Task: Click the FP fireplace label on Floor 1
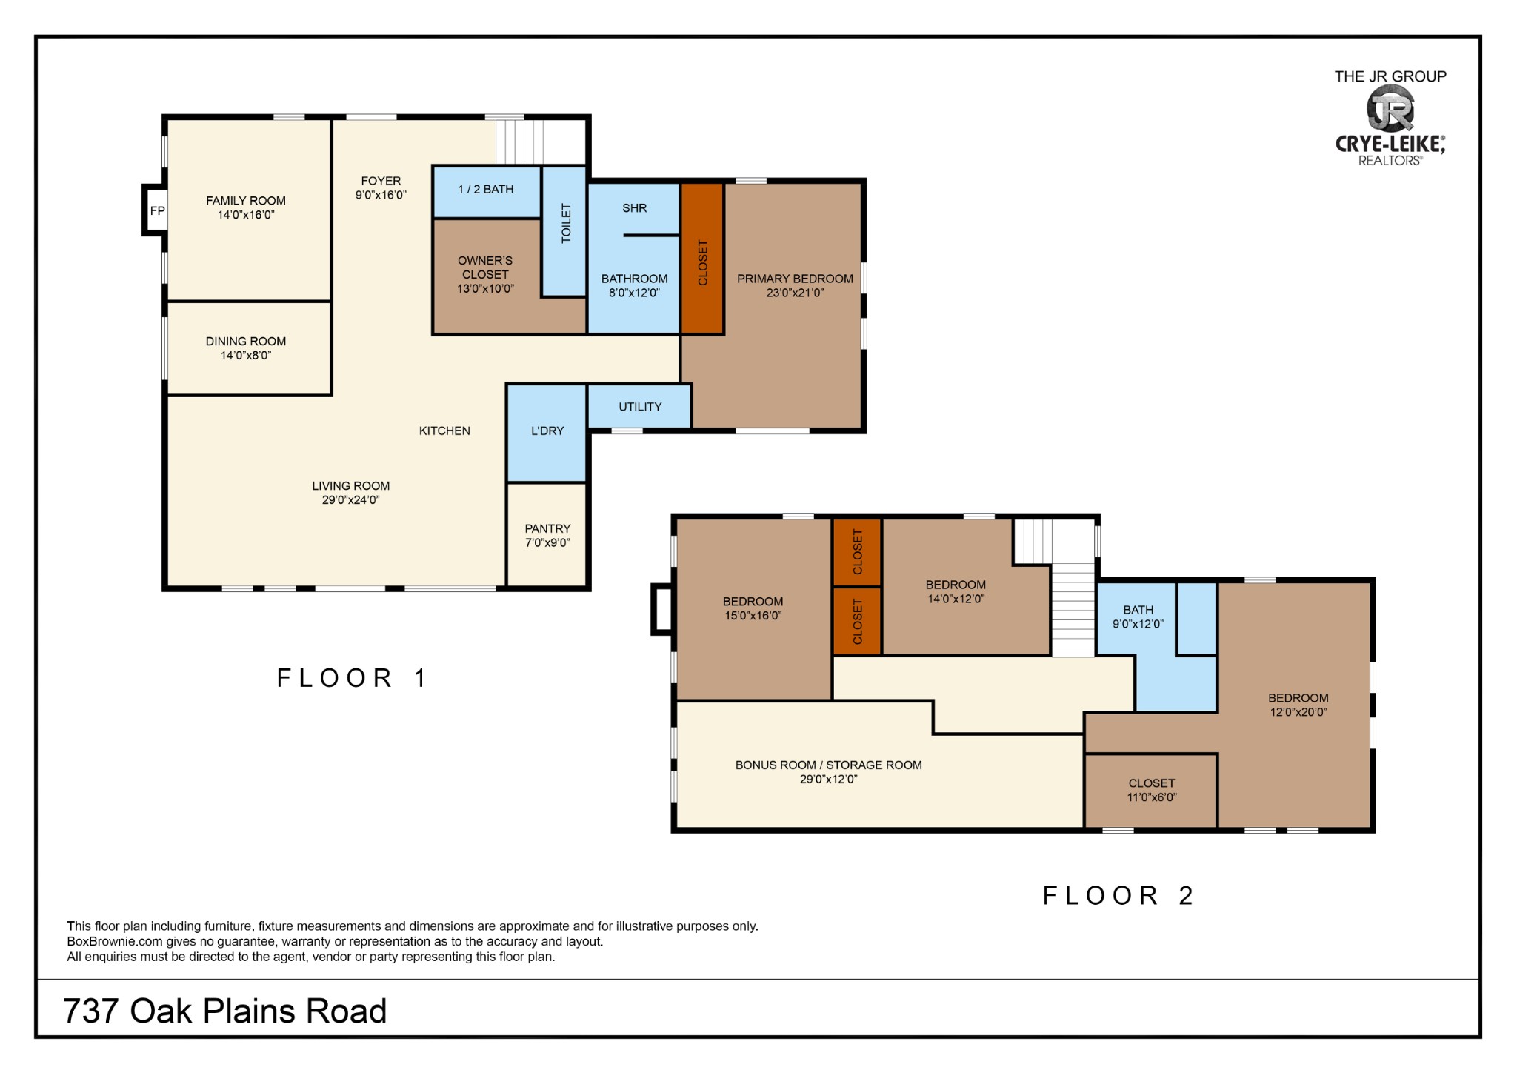157,211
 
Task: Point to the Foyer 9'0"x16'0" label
381,187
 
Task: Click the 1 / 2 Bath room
487,192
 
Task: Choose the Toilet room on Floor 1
564,231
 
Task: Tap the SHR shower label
635,208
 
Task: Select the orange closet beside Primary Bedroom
702,259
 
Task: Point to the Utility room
640,406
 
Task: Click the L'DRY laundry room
547,433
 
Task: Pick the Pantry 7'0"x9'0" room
547,534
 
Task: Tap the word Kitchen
444,431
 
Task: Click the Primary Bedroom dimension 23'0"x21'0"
795,293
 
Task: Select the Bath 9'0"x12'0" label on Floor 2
1138,617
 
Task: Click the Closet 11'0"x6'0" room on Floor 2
1151,791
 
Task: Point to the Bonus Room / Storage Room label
828,765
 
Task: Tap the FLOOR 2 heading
1118,895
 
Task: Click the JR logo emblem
1390,108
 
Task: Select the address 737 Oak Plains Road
225,1011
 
